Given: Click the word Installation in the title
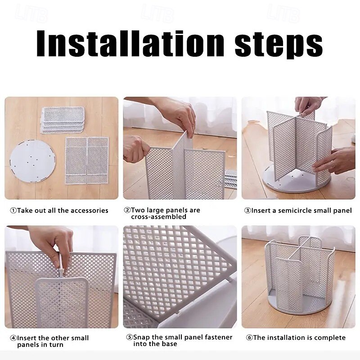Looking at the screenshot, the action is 130,44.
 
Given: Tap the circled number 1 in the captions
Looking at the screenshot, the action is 13,211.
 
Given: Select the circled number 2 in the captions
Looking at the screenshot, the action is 127,210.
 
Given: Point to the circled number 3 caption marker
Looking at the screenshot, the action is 247,211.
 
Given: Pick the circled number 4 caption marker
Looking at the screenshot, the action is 13,338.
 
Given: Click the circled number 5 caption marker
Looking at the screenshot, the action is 130,337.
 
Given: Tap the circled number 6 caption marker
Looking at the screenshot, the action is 250,337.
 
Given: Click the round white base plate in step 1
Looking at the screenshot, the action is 32,161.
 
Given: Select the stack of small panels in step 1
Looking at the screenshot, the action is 63,120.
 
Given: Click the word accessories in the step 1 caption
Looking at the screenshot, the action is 89,211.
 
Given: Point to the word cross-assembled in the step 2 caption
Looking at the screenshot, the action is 159,217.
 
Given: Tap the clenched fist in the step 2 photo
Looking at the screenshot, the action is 135,149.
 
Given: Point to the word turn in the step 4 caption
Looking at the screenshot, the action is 57,345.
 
